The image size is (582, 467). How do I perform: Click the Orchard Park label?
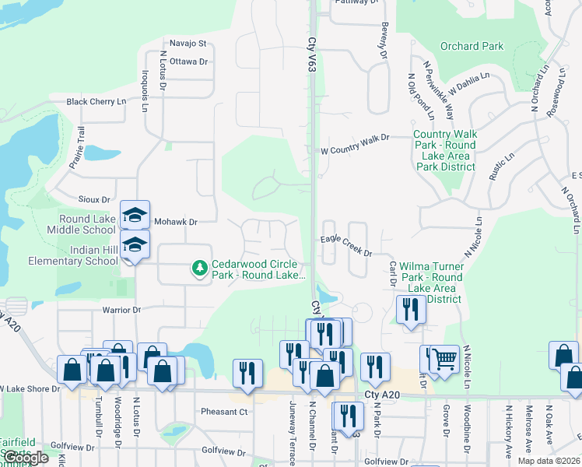(x=472, y=47)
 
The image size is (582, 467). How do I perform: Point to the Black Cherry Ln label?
(x=96, y=102)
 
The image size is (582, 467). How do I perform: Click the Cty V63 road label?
(x=311, y=59)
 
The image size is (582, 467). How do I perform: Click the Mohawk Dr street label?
(x=175, y=222)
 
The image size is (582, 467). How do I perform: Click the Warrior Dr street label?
(x=121, y=310)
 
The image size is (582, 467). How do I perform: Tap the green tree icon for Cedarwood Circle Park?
(x=200, y=269)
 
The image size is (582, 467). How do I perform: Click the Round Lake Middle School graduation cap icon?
(x=135, y=214)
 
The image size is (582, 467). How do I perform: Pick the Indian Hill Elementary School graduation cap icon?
(x=135, y=244)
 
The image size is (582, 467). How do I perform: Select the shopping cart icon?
(x=444, y=359)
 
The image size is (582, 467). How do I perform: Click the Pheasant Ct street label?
(x=223, y=412)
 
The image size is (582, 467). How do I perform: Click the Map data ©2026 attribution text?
(x=548, y=461)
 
